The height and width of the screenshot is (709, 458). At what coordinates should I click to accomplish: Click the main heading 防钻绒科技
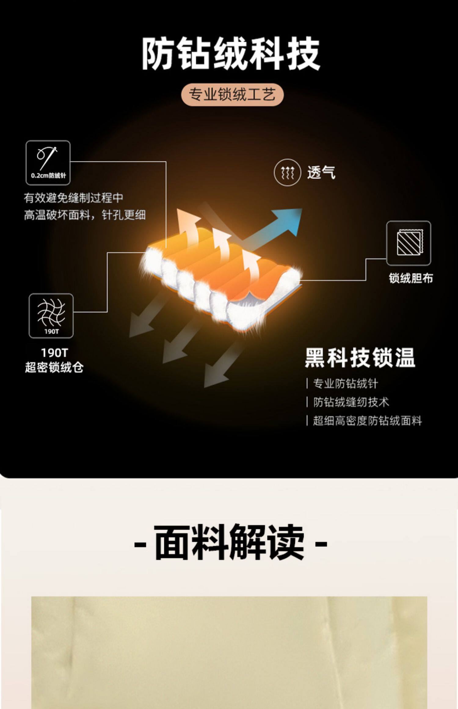[231, 54]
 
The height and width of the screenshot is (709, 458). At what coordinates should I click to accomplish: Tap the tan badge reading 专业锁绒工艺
[232, 94]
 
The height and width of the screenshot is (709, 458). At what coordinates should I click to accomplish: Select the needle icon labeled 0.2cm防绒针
[48, 162]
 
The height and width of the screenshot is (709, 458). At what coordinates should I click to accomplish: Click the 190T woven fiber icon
[51, 315]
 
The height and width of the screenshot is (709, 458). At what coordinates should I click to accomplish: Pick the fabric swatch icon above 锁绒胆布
[409, 243]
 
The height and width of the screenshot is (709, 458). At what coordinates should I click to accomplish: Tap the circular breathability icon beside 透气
[287, 173]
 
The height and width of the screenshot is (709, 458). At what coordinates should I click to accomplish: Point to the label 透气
[321, 173]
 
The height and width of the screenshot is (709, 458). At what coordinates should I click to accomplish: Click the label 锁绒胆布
[411, 278]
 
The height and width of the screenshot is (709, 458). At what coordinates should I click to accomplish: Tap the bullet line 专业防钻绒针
[345, 384]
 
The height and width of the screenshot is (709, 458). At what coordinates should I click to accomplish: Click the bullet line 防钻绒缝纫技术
[351, 402]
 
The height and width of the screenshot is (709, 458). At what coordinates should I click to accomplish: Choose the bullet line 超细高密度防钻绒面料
[367, 421]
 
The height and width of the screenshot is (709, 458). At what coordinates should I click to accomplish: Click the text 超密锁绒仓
[54, 367]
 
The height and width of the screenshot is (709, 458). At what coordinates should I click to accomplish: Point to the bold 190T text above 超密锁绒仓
[54, 353]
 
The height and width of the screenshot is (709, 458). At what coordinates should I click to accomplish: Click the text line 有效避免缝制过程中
[74, 198]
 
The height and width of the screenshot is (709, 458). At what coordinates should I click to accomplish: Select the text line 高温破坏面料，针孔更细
[85, 215]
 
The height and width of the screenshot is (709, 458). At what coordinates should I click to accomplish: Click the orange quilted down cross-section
[220, 275]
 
